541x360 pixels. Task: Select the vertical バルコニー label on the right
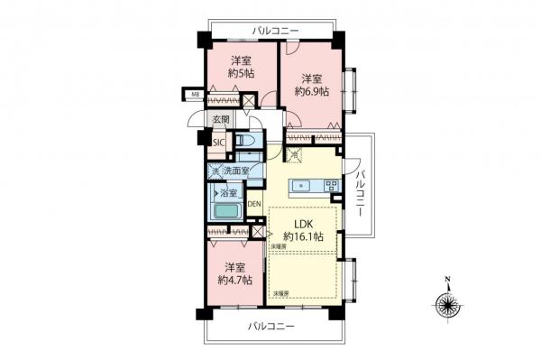coord(360,189)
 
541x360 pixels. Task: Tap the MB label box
coord(194,93)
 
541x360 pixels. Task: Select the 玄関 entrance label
coord(221,117)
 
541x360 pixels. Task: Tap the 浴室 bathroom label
coord(228,192)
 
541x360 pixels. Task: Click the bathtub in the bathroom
coord(228,212)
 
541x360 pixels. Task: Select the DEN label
coord(254,204)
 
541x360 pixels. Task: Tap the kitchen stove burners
coord(331,186)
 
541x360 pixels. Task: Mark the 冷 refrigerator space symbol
coord(295,156)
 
